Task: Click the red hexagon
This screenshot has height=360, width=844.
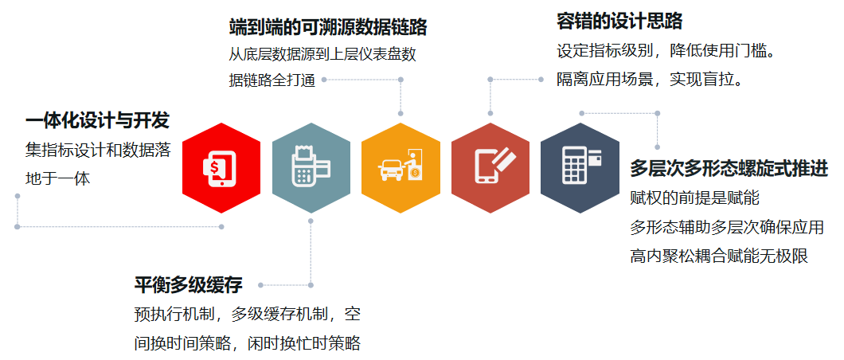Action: pos(221,168)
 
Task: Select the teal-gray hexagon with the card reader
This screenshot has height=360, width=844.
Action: pos(311,168)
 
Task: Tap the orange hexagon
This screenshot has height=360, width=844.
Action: pos(401,168)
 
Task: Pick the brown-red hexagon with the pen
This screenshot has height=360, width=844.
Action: pos(490,168)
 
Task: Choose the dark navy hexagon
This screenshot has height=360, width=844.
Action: pos(580,168)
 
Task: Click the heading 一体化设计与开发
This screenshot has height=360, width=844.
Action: pos(97,121)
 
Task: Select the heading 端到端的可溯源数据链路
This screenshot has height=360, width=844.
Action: pos(328,28)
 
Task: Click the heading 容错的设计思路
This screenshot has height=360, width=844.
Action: pos(619,22)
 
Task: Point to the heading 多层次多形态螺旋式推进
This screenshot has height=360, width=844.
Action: pos(729,169)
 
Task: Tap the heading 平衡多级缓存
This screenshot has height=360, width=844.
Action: pos(188,284)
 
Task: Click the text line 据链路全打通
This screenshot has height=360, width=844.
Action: pos(272,81)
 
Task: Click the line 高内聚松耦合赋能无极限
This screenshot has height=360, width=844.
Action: pos(719,256)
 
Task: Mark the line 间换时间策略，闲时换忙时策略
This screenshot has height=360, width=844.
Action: pos(248,343)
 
